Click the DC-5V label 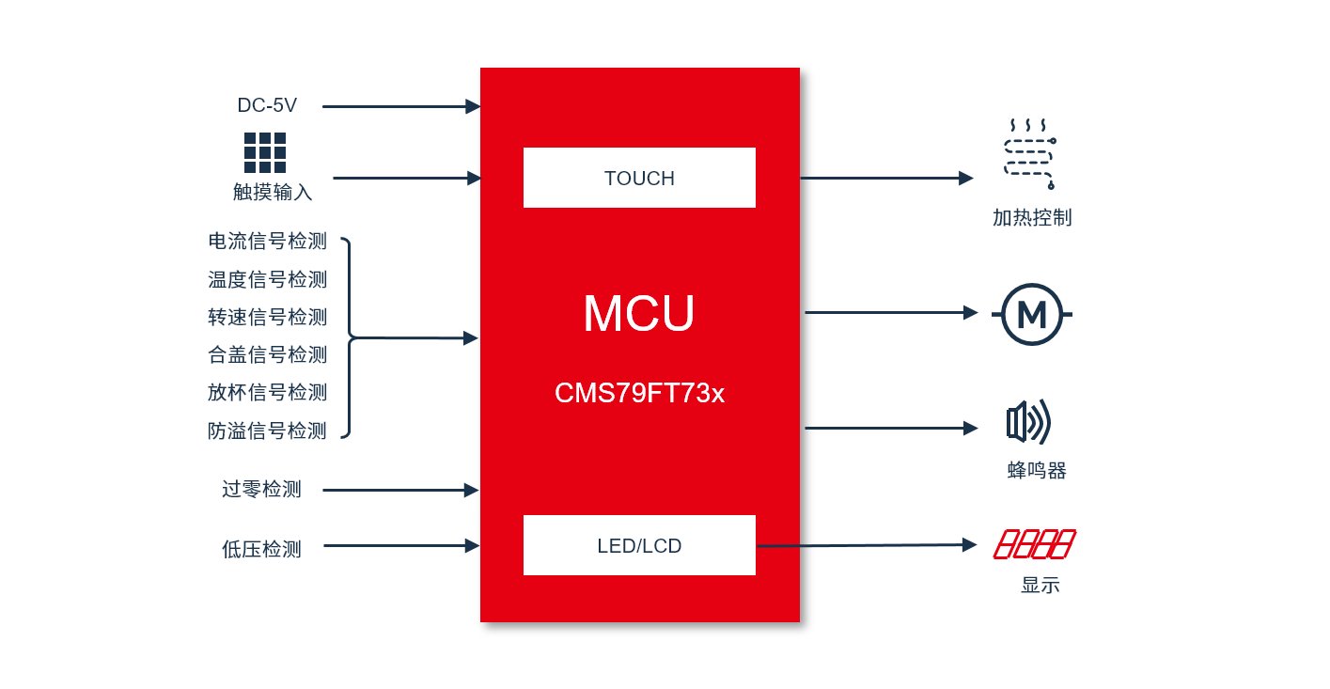point(267,105)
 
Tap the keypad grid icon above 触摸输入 point(265,152)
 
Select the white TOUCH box point(639,178)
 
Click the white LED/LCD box point(639,545)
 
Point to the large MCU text point(639,313)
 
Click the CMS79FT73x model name point(639,393)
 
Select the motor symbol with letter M point(1032,314)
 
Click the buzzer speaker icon point(1029,422)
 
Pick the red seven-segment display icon point(1034,544)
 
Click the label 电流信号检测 point(267,242)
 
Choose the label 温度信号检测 point(267,279)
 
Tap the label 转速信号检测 point(267,317)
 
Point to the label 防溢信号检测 point(267,431)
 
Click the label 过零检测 point(262,490)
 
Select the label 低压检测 point(262,550)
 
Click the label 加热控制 point(1032,218)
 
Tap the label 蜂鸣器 point(1037,470)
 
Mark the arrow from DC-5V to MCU point(401,106)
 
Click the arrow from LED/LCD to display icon point(867,544)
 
